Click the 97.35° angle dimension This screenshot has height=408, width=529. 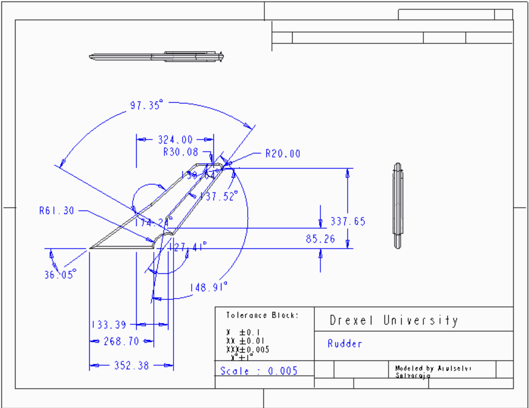(x=146, y=105)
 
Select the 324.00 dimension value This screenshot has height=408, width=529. (x=175, y=140)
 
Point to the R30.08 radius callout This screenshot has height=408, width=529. (x=180, y=152)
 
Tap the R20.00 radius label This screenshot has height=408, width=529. (x=283, y=154)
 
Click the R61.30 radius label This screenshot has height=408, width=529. (x=57, y=211)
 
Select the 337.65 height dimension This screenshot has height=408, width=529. (x=348, y=221)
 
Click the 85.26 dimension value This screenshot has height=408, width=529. (x=320, y=239)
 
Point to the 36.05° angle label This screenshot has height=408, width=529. (x=60, y=274)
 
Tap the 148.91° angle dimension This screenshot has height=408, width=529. (x=208, y=287)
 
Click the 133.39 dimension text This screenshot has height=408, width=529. (x=109, y=325)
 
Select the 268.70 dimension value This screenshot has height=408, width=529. (x=121, y=341)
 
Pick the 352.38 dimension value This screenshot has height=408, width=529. (x=131, y=365)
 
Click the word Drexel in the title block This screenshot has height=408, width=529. (x=351, y=320)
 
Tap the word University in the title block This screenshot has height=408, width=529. (x=421, y=320)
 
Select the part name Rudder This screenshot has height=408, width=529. (x=345, y=344)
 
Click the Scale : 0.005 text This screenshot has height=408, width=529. (x=259, y=371)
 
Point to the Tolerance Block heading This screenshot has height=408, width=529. (x=262, y=315)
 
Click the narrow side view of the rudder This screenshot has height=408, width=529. (x=398, y=206)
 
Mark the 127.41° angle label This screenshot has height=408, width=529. (x=188, y=247)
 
